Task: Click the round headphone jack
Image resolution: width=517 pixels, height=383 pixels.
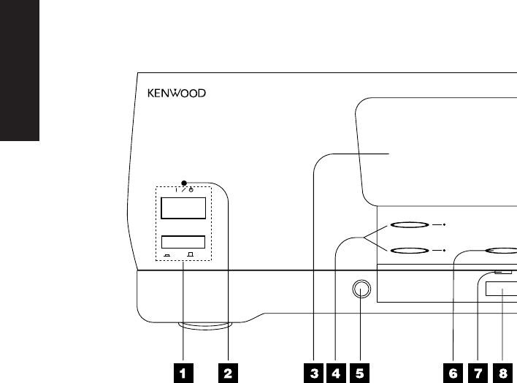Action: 359,290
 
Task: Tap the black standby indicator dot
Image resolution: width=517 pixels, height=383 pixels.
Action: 185,182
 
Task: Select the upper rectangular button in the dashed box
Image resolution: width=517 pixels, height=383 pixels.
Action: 183,208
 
